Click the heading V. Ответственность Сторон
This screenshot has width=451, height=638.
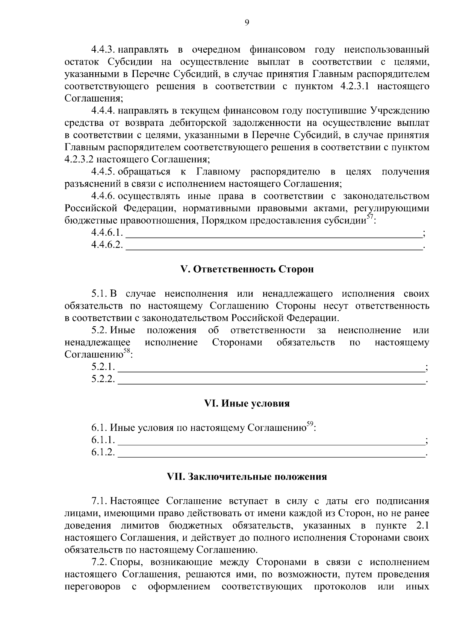click(x=247, y=270)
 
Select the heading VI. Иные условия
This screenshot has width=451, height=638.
click(x=247, y=403)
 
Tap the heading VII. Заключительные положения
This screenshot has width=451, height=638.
click(x=247, y=477)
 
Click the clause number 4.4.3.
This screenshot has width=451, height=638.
click(x=102, y=50)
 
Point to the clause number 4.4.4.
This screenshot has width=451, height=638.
click(x=102, y=111)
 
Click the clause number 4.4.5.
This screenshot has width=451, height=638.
click(x=102, y=172)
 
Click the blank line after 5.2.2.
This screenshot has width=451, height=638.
click(x=271, y=382)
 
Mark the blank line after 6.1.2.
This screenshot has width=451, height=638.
click(x=271, y=455)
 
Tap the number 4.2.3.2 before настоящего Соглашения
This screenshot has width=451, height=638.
click(x=79, y=159)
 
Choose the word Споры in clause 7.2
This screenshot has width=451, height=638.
click(x=126, y=562)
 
